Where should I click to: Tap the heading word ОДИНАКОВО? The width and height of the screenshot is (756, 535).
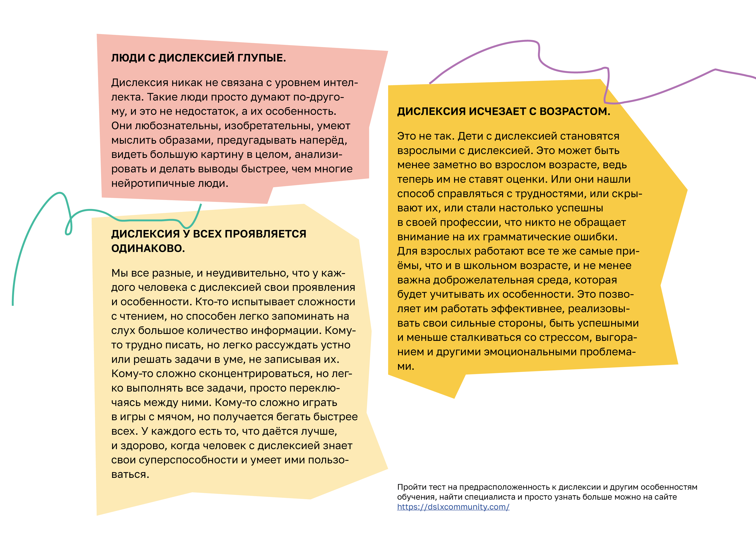(148, 249)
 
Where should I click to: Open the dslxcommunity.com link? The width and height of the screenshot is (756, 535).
(453, 507)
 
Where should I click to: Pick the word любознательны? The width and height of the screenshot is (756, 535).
(178, 126)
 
